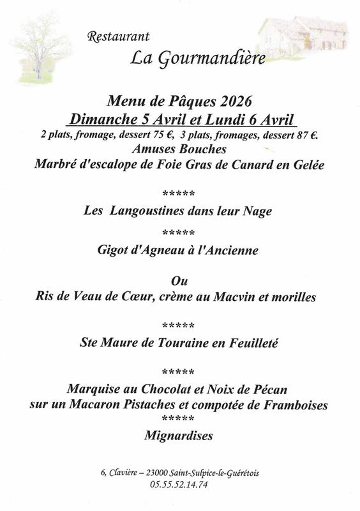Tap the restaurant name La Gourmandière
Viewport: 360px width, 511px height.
pos(180,57)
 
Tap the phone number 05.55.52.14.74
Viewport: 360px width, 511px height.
pos(179,484)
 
